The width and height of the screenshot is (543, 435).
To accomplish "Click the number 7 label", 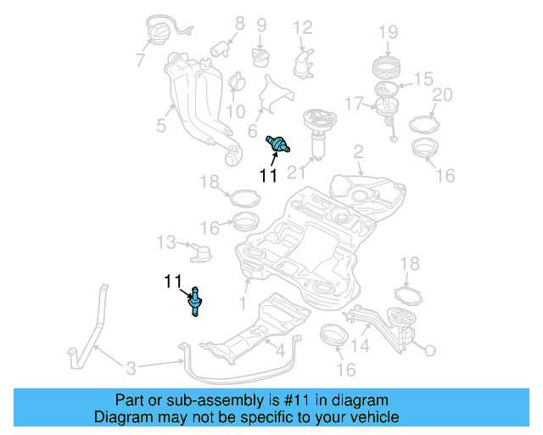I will click(x=140, y=59).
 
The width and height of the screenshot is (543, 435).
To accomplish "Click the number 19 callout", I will click(x=388, y=33).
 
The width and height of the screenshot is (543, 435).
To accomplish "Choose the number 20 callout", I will click(x=442, y=94).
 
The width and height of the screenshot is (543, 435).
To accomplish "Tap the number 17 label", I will click(x=355, y=104).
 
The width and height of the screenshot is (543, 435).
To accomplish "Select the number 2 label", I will click(x=358, y=151).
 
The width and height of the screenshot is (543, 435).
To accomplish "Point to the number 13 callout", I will click(x=165, y=244).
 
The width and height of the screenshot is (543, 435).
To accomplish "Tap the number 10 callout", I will click(x=235, y=111).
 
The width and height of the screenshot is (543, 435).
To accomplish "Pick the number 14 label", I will click(x=361, y=346).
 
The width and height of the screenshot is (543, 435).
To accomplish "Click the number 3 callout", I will click(x=131, y=368).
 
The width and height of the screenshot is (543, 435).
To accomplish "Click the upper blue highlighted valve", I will click(x=277, y=144).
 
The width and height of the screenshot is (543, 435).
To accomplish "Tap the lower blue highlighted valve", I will click(x=196, y=301).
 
